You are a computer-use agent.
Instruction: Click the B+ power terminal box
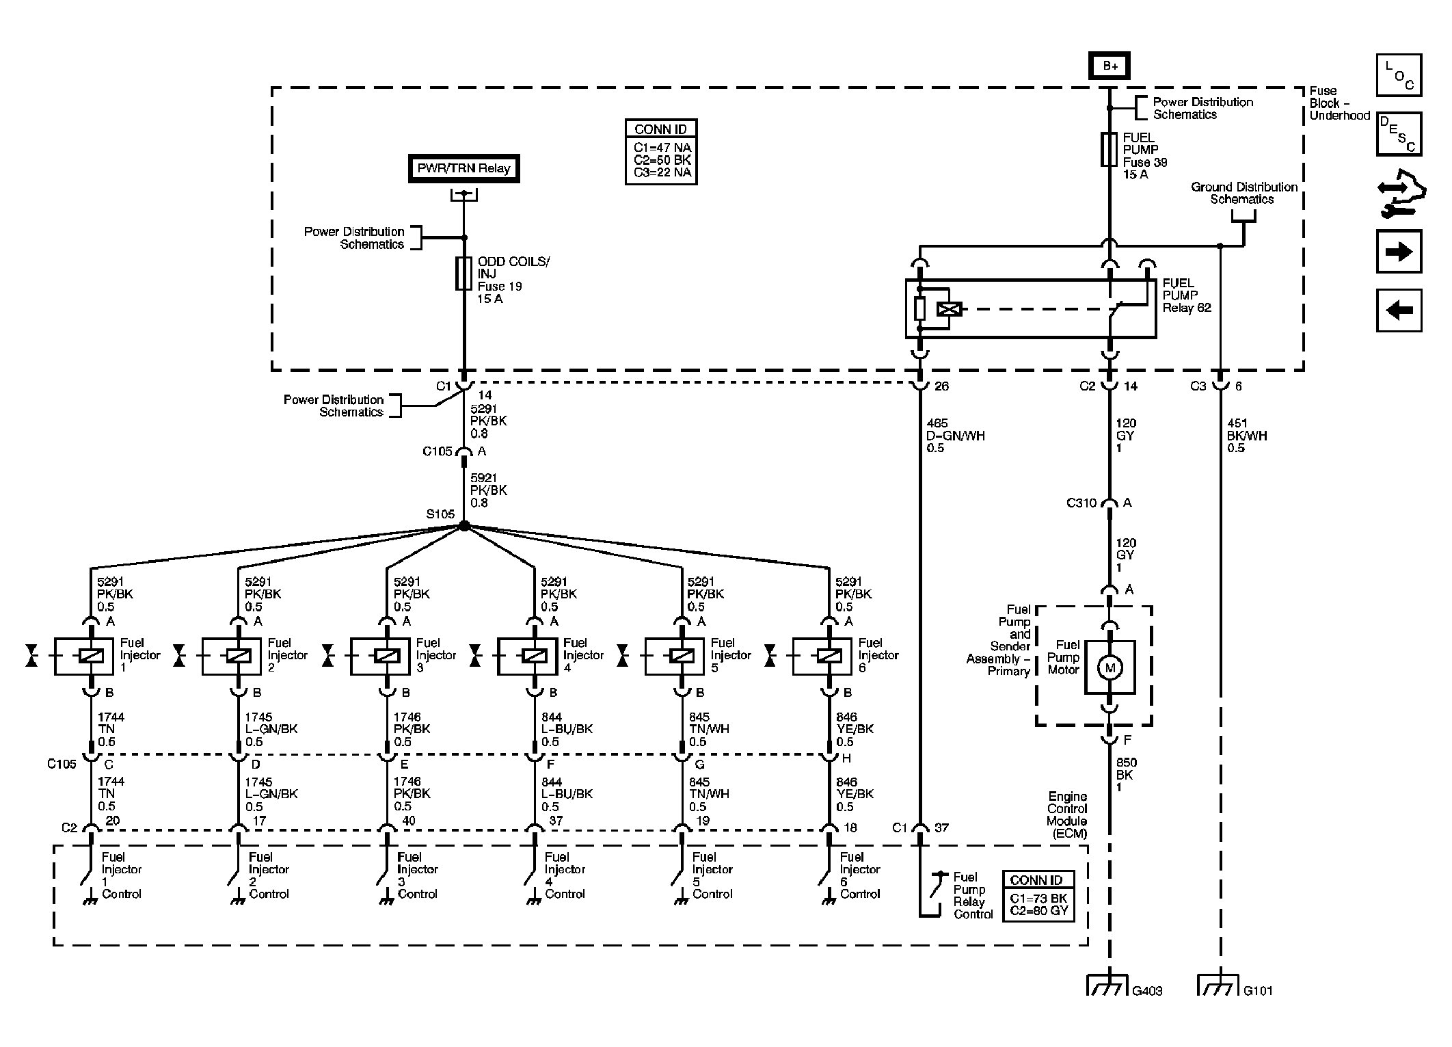[x=1110, y=66]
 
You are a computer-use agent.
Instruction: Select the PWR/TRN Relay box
[x=463, y=168]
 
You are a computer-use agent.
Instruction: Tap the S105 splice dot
[x=464, y=526]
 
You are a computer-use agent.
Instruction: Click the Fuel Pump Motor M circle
[x=1110, y=668]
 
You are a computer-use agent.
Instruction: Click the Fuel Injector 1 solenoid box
[x=83, y=657]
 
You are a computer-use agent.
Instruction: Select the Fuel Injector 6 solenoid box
[x=822, y=657]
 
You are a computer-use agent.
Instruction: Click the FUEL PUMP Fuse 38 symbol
[x=1109, y=150]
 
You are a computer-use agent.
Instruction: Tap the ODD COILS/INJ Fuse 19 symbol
[x=463, y=274]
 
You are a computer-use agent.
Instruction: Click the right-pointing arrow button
[x=1399, y=252]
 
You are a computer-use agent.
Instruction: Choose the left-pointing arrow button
[x=1399, y=310]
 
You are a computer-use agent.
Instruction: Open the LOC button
[x=1399, y=75]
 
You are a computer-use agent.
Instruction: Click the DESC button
[x=1399, y=134]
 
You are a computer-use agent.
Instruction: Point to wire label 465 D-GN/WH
[x=956, y=436]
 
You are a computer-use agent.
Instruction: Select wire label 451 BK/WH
[x=1247, y=436]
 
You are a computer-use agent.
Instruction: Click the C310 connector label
[x=1081, y=503]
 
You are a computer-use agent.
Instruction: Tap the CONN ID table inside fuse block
[x=661, y=153]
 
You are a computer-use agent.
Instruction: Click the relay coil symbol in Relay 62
[x=950, y=309]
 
